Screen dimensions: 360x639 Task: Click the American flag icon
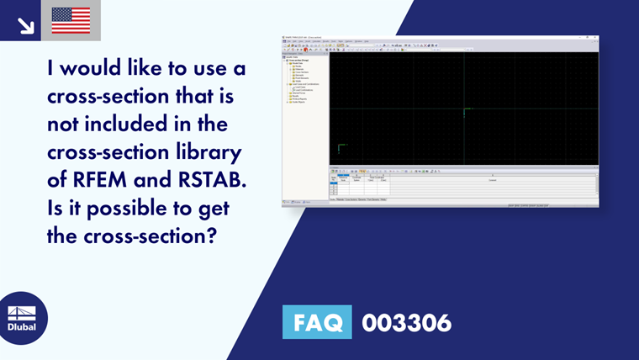tap(71, 20)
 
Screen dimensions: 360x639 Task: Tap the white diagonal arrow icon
tap(25, 25)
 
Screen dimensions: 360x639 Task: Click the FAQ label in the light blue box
tap(318, 322)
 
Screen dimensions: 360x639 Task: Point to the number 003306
tap(406, 322)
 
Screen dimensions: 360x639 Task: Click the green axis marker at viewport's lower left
tap(341, 148)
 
